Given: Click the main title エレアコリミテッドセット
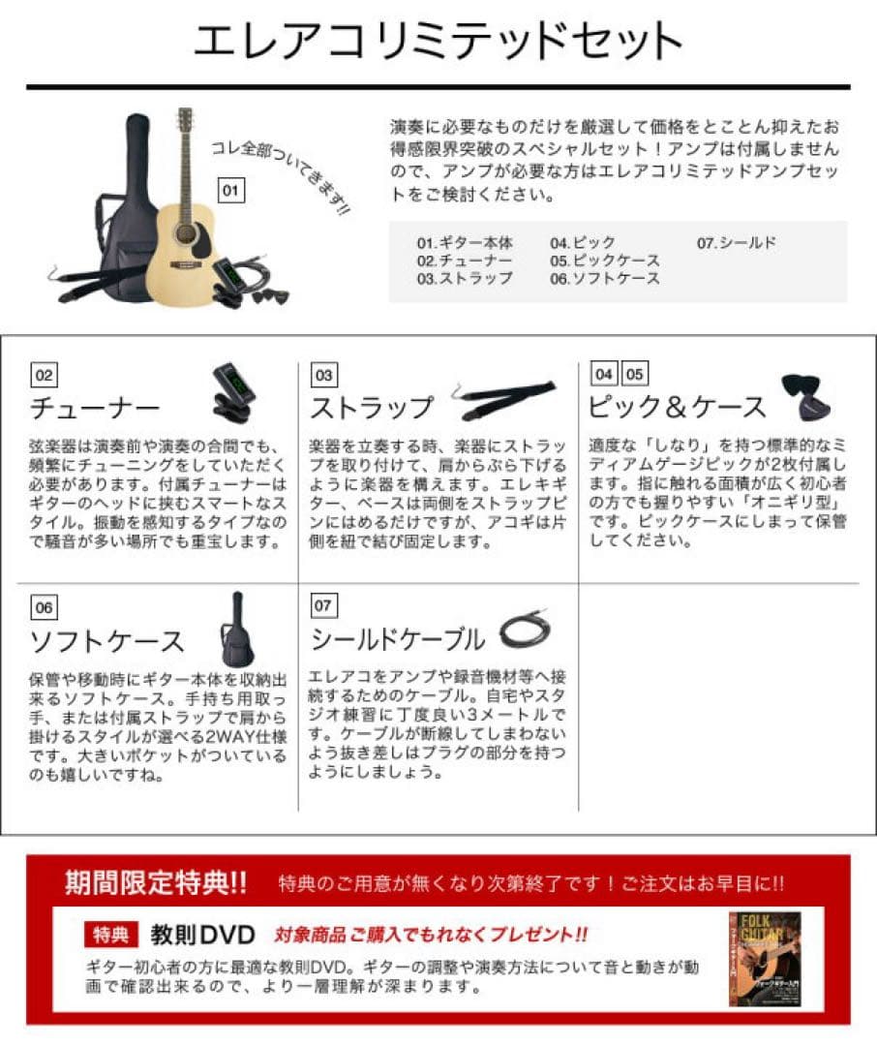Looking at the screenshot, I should coord(438,42).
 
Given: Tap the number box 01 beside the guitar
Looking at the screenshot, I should coord(229,191).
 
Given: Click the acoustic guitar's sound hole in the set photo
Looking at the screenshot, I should coord(185,233).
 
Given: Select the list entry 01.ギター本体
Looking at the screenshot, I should coord(465,243).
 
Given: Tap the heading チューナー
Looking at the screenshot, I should coord(95,407).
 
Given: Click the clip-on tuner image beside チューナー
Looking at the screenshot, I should coord(232,392).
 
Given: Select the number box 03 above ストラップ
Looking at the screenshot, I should coord(323,375).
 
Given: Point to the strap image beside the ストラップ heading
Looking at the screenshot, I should coord(505,397).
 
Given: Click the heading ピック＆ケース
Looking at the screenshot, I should coord(677,407).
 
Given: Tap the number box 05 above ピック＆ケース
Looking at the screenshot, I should coord(634,375).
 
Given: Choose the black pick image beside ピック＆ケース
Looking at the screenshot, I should coord(805,394).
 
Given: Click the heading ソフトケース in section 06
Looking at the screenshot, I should coord(107,640).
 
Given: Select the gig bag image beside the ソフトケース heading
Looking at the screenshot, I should coord(236,631).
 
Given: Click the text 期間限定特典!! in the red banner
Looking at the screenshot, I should coord(156,883).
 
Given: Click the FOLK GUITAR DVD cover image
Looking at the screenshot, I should coord(764,958).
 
